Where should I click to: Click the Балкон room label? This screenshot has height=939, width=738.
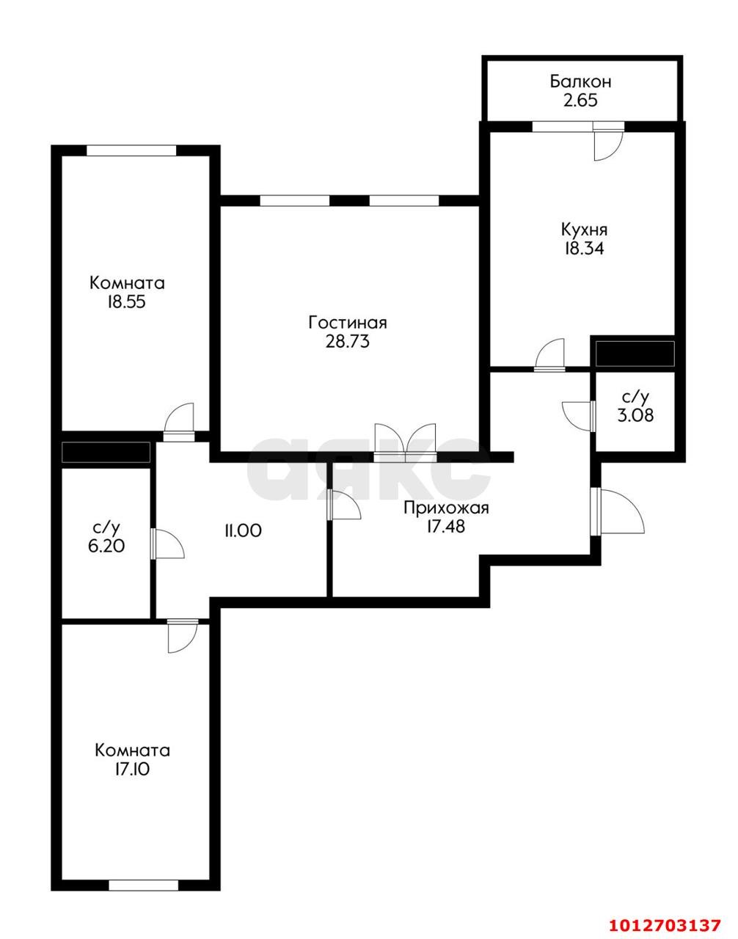click(580, 81)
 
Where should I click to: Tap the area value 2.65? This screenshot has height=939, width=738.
click(580, 101)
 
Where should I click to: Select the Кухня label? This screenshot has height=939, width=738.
click(584, 230)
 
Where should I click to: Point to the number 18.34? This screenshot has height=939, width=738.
click(584, 249)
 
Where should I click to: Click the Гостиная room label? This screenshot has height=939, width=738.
click(348, 323)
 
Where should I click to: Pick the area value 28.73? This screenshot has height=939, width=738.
click(348, 342)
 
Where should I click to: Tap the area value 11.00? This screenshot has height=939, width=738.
click(243, 530)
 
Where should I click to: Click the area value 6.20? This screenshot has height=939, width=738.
click(106, 547)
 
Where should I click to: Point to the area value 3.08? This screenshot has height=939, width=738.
click(635, 416)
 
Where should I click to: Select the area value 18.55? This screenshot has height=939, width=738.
click(127, 302)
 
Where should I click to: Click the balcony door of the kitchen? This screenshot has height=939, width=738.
click(608, 141)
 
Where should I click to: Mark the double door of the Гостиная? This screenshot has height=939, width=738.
click(405, 442)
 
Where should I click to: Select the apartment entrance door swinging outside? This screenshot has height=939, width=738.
click(618, 511)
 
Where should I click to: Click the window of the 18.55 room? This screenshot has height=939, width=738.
click(131, 150)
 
